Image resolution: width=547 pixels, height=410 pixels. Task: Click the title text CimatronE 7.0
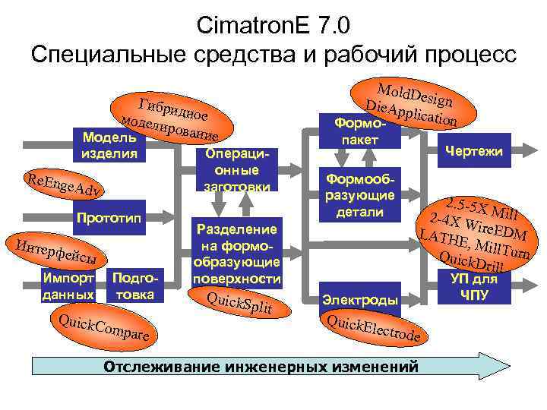[x=273, y=24]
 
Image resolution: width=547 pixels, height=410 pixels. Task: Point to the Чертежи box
[x=475, y=151]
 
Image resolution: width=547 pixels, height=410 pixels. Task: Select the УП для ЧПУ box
[x=474, y=286]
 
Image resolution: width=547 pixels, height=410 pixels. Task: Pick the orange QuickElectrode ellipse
[x=373, y=327]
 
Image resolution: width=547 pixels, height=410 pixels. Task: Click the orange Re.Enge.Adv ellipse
[x=63, y=185]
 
